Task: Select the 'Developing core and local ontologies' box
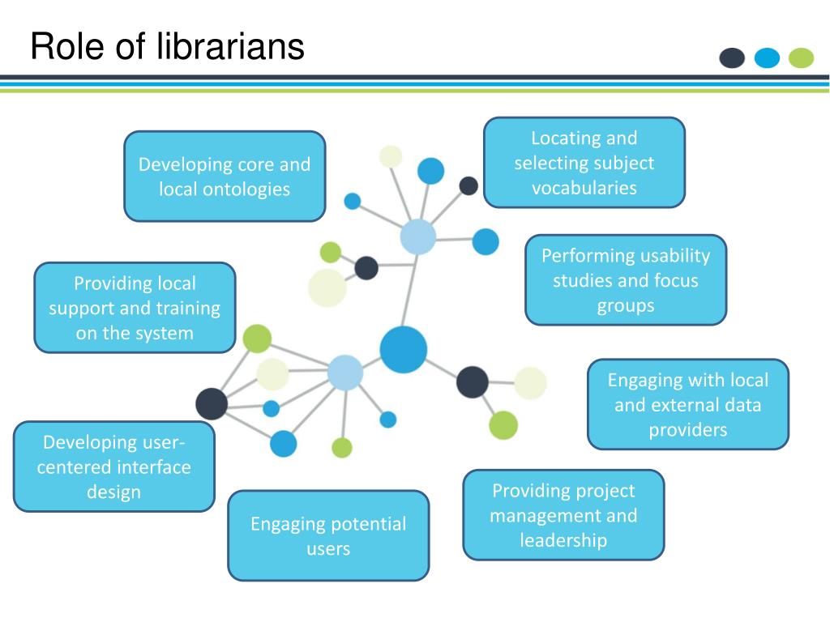[x=225, y=176]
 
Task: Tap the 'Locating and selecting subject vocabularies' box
[x=584, y=162]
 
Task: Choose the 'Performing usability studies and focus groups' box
[x=625, y=279]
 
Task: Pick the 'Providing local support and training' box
[x=135, y=307]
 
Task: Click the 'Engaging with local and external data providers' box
[x=687, y=403]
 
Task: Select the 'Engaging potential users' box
[x=328, y=535]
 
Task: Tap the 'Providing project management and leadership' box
[x=563, y=514]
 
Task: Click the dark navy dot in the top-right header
[x=732, y=58]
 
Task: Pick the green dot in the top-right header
[x=801, y=58]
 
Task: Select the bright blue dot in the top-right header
[x=767, y=58]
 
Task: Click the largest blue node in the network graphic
[x=403, y=350]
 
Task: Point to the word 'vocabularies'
[x=584, y=188]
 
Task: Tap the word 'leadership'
[x=563, y=540]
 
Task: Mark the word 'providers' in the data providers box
[x=687, y=429]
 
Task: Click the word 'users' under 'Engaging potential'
[x=328, y=548]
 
